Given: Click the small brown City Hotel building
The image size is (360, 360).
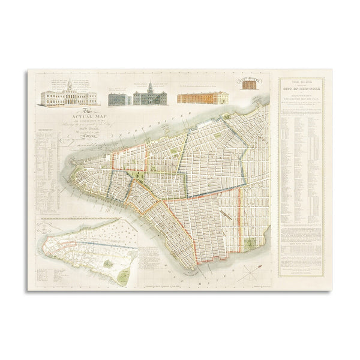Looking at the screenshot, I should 248,85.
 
